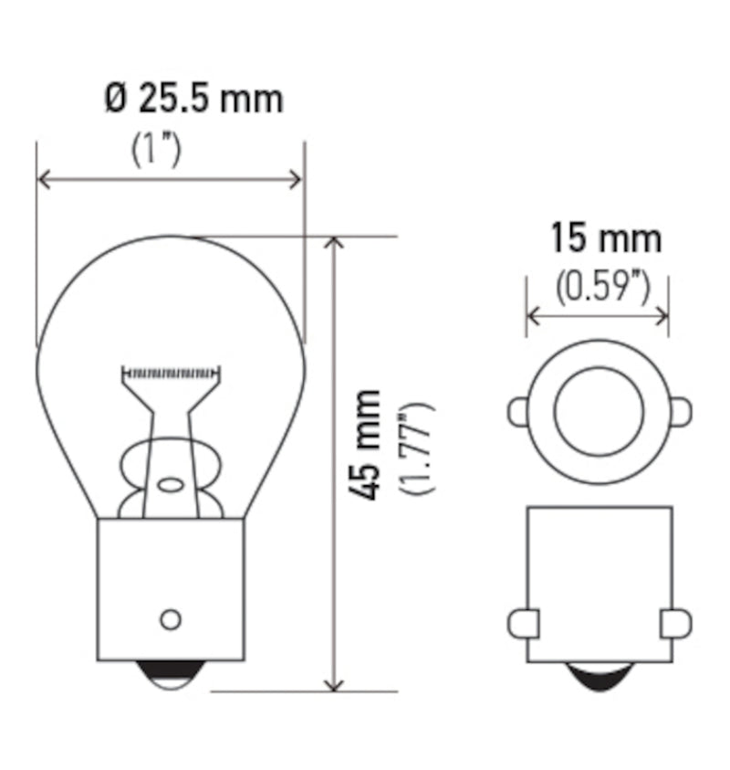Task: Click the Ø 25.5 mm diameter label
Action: pyautogui.click(x=193, y=99)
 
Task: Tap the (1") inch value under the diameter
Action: pyautogui.click(x=157, y=150)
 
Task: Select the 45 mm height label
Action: pyautogui.click(x=367, y=443)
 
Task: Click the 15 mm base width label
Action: pyautogui.click(x=605, y=239)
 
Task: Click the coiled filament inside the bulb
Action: pyautogui.click(x=172, y=373)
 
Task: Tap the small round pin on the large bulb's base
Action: pyautogui.click(x=170, y=618)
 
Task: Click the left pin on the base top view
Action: pyautogui.click(x=517, y=412)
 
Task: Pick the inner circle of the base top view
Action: pyautogui.click(x=599, y=411)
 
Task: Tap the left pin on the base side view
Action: pyautogui.click(x=523, y=624)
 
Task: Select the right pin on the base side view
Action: pyautogui.click(x=675, y=624)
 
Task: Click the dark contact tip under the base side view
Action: pyautogui.click(x=600, y=677)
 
